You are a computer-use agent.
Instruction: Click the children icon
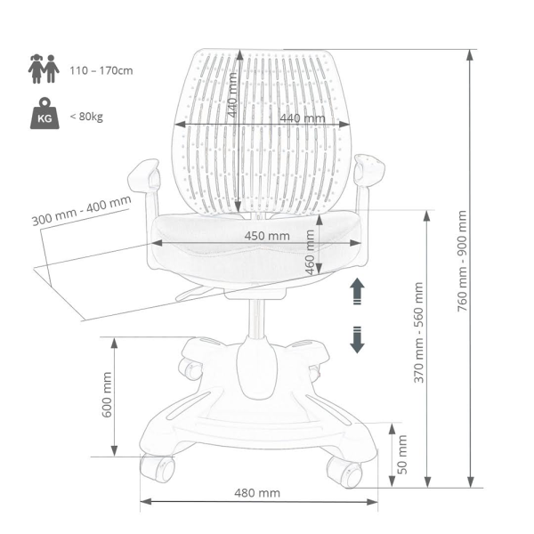44,69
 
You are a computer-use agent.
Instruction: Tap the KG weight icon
44,113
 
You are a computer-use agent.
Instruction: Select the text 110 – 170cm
101,71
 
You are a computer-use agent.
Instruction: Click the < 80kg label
86,117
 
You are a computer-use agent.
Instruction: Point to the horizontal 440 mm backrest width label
303,118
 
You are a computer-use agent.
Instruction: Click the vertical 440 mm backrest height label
232,94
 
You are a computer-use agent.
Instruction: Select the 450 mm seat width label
267,236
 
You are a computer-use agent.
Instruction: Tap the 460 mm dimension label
310,252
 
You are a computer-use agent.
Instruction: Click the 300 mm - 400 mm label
81,211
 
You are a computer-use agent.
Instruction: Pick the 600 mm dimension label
107,394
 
